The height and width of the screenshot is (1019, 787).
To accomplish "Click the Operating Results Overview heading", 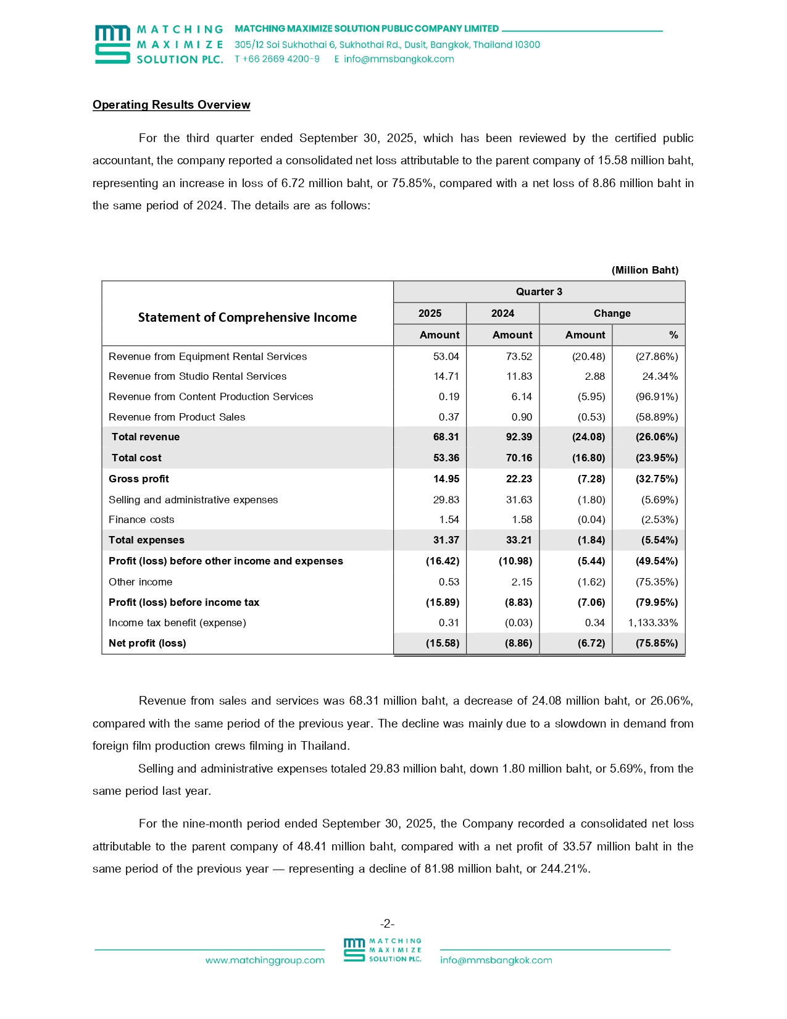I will point(171,105).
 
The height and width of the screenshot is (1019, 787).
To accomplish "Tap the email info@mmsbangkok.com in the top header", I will point(399,59).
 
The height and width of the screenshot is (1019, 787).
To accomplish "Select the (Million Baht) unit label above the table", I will point(644,270).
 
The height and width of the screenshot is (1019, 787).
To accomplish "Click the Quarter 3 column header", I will point(539,292).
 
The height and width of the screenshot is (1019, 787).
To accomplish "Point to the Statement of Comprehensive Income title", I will point(247,317).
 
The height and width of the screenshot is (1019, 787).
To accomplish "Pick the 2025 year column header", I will point(430,314).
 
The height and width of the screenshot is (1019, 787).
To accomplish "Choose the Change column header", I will point(612,314).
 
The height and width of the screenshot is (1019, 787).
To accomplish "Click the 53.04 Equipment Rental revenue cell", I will point(446,356).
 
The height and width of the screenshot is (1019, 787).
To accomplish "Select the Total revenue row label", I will point(146,437).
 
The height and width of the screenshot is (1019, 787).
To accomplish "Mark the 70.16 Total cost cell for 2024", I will point(518,458).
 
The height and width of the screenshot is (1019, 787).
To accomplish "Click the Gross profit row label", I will point(139,479).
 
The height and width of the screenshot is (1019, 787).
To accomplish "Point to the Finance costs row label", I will point(141,520).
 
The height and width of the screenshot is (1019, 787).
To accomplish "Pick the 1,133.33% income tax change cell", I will point(652,623).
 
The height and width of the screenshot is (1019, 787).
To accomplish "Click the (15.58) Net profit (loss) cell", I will point(443,644).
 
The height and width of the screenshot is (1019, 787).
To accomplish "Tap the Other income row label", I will point(141,582).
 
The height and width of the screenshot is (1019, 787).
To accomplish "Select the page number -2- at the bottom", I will point(387,924).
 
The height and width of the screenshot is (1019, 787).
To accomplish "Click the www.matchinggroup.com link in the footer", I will point(265,960).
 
